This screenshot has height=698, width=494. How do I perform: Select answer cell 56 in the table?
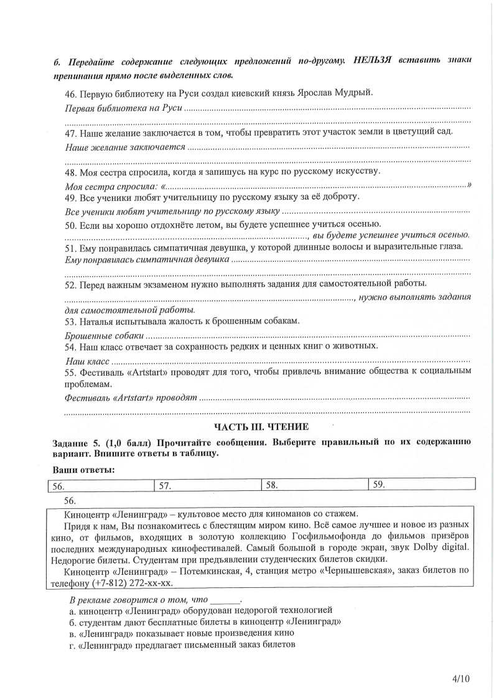100,485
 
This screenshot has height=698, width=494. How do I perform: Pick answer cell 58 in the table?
314,485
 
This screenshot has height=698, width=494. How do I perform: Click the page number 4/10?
461,678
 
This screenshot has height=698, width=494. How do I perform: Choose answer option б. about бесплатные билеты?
205,621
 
